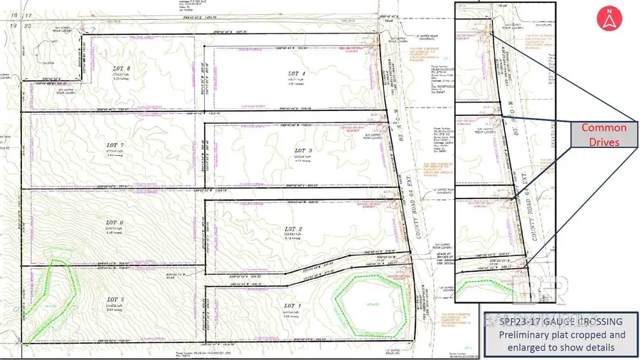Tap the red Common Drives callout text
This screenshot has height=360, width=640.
(x=604, y=135)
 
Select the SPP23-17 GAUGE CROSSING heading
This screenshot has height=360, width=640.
(x=560, y=322)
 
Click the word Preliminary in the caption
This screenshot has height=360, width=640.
(x=521, y=334)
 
